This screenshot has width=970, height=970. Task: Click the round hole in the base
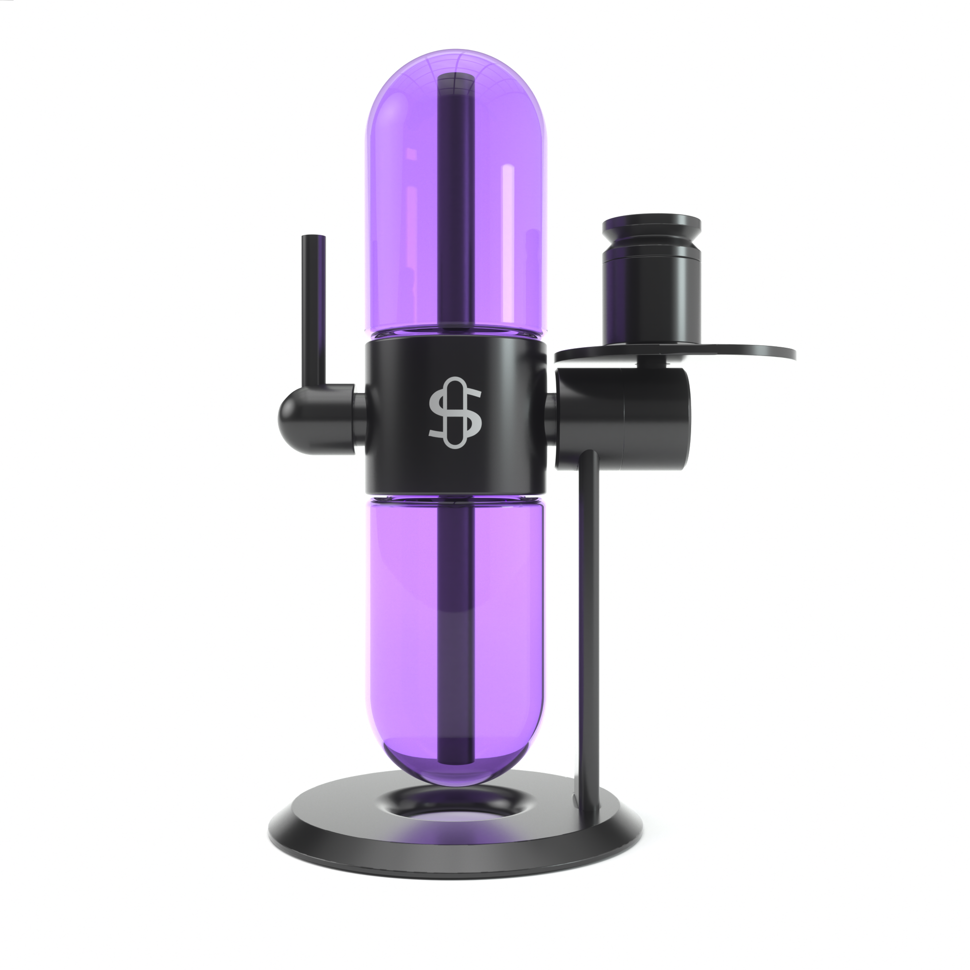pyautogui.click(x=455, y=803)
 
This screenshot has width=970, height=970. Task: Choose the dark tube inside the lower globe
pyautogui.click(x=455, y=628)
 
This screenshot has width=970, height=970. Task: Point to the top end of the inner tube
pyautogui.click(x=455, y=81)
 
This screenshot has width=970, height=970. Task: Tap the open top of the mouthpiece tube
pyautogui.click(x=313, y=238)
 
